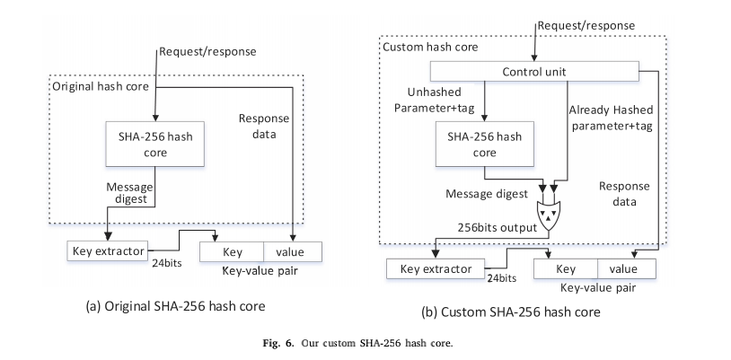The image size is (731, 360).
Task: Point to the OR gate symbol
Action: (548, 213)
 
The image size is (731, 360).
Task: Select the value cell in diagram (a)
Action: (289, 250)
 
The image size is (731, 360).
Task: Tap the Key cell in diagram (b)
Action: (566, 268)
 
